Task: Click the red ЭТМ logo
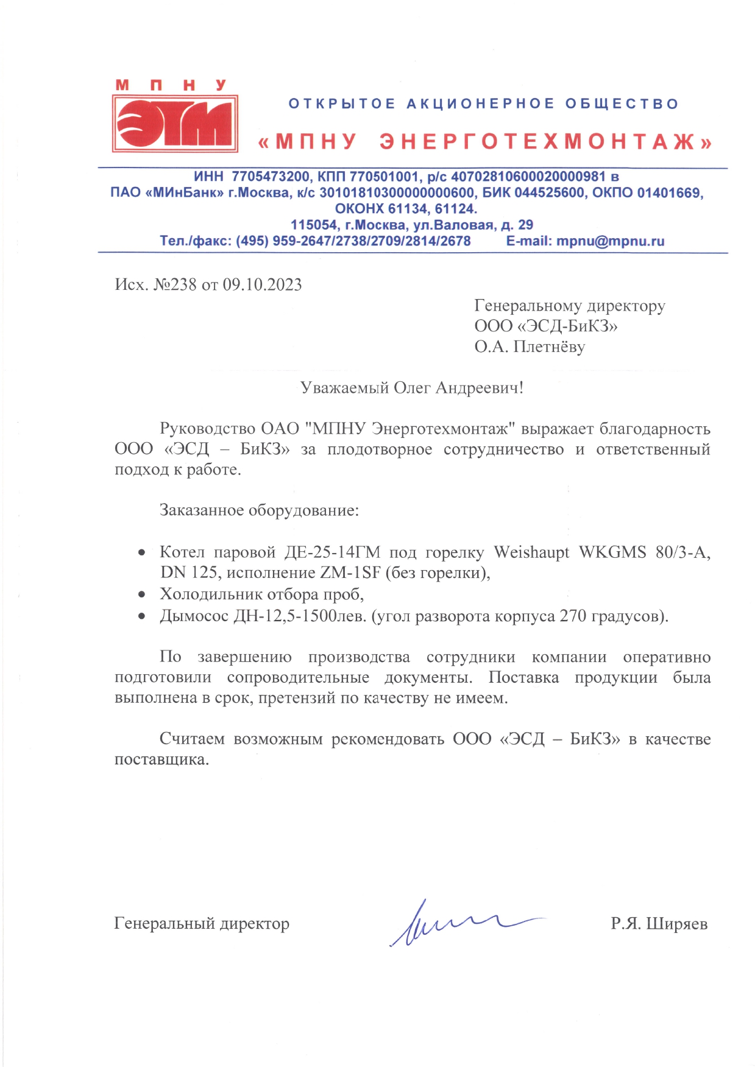[x=175, y=123]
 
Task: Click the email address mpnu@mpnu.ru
[x=610, y=241]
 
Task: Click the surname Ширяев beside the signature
[x=676, y=924]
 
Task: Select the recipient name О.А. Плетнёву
[x=530, y=347]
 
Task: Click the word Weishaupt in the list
[x=531, y=552]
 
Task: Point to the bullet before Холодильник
[x=142, y=594]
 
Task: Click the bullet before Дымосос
[x=142, y=616]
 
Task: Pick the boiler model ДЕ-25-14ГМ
[x=331, y=552]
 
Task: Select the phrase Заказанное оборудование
[x=258, y=510]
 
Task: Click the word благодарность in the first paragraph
[x=654, y=429]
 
